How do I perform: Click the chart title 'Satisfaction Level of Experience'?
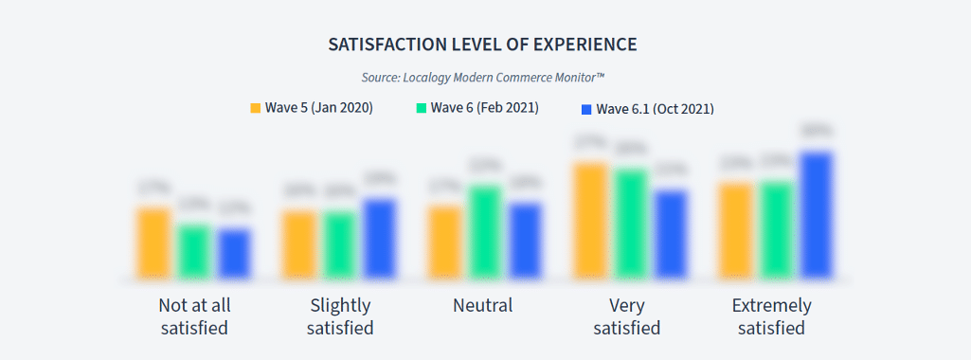tap(482, 45)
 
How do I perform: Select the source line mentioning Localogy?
tap(483, 77)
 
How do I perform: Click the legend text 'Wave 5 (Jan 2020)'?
tap(318, 108)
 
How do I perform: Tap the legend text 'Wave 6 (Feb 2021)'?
tap(484, 108)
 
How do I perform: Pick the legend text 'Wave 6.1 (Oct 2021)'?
tap(655, 109)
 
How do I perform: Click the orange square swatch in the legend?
tap(255, 108)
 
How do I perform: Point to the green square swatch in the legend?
tap(422, 108)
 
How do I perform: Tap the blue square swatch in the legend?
tap(586, 109)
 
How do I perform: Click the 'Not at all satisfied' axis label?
tap(194, 316)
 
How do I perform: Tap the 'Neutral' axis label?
tap(482, 305)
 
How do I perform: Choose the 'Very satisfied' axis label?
tap(626, 316)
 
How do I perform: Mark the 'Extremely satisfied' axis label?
tap(771, 316)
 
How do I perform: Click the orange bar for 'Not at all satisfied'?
tap(153, 243)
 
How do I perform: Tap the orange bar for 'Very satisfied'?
tap(591, 222)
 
